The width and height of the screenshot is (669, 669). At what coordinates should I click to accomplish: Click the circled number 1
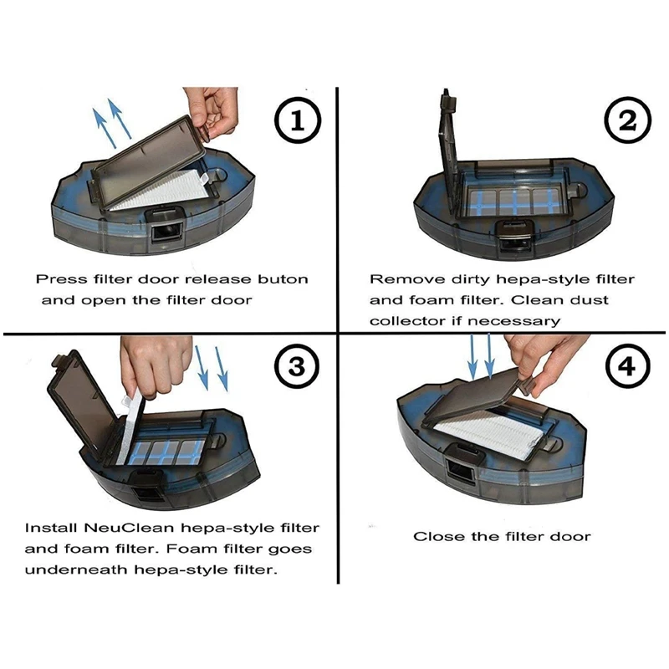tap(298, 120)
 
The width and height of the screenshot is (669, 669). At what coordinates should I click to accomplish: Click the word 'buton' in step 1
tap(283, 279)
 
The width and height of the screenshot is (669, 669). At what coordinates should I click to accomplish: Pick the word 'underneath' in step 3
tap(77, 569)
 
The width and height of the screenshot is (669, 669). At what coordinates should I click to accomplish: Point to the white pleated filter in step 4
tap(491, 435)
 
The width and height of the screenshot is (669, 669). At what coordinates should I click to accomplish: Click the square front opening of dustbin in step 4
tap(461, 472)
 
